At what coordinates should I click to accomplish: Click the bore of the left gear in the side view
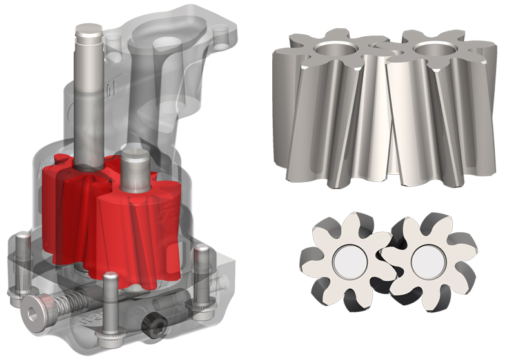335,48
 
